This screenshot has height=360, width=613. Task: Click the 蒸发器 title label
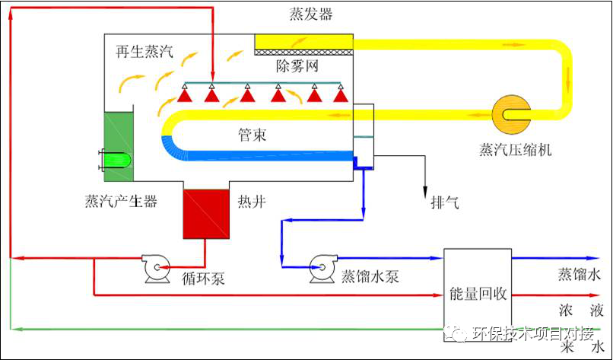[311, 14]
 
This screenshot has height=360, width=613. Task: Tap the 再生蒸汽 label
[145, 51]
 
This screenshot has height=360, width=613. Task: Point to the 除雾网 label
[297, 65]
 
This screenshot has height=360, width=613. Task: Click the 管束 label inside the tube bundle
[253, 135]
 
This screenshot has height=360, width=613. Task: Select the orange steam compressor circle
[511, 114]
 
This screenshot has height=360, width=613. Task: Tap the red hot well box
[206, 214]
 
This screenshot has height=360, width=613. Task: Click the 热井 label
[252, 202]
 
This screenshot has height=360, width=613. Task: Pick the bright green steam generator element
[116, 161]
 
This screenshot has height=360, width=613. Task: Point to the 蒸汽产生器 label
[121, 201]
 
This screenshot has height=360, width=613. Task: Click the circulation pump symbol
[157, 268]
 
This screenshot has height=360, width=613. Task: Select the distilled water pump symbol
[323, 268]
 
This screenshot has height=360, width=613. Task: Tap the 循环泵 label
[203, 279]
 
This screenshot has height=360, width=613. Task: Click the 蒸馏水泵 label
[370, 276]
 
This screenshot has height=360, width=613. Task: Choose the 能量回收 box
[478, 295]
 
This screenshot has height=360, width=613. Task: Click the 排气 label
[445, 203]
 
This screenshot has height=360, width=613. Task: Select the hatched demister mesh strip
[304, 52]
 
